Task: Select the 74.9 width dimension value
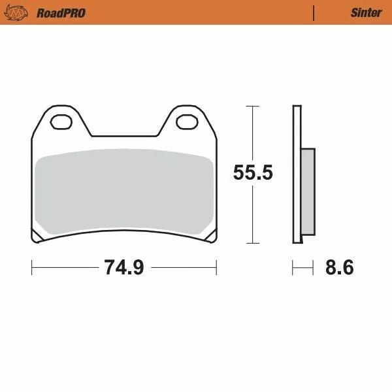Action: tap(124, 268)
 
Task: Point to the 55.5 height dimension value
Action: tap(253, 173)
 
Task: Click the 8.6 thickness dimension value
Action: tap(340, 268)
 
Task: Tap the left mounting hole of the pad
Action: tap(63, 122)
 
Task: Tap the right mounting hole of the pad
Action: tap(186, 122)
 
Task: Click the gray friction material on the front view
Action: tap(124, 189)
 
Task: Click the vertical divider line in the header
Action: tap(314, 12)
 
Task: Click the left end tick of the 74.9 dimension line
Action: tap(32, 267)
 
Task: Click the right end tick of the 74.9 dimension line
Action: tap(216, 267)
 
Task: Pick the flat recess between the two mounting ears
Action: tap(124, 136)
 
